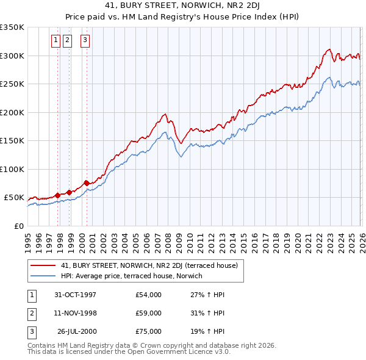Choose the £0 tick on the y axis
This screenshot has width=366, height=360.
pyautogui.click(x=18, y=226)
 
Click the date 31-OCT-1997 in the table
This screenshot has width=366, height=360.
pyautogui.click(x=76, y=295)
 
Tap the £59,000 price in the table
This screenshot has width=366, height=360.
pyautogui.click(x=149, y=313)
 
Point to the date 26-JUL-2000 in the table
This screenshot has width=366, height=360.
pyautogui.click(x=76, y=331)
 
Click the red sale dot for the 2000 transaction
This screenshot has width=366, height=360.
pyautogui.click(x=87, y=182)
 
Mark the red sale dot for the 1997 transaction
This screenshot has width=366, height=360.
pyautogui.click(x=58, y=195)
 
